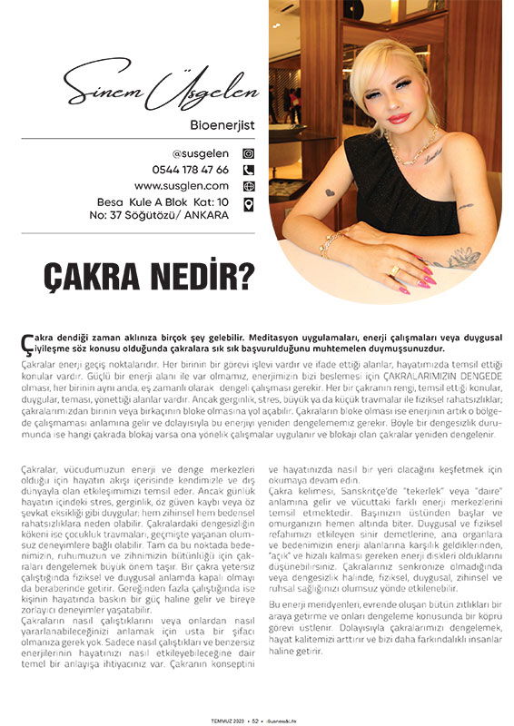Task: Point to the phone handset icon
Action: [248, 170]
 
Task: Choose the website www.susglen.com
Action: [182, 186]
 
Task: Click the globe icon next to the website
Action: [248, 186]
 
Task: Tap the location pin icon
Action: [248, 203]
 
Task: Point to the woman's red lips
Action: [399, 118]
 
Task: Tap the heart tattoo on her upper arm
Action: [330, 192]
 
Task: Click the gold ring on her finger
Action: [394, 270]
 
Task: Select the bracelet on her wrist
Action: [331, 243]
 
